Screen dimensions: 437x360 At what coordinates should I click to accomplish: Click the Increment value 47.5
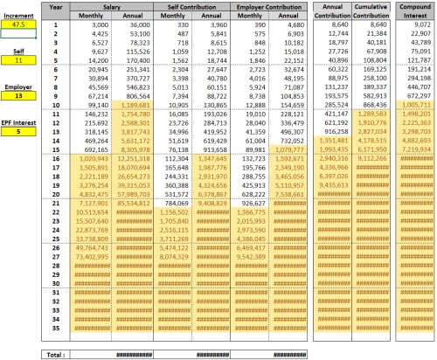(x=18, y=24)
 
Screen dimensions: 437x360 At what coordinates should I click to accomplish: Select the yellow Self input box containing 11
(x=18, y=59)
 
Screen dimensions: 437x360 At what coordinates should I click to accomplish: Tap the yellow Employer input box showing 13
(x=18, y=96)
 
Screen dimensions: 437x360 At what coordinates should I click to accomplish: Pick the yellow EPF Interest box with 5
(x=18, y=134)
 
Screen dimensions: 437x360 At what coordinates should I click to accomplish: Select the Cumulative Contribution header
(x=372, y=11)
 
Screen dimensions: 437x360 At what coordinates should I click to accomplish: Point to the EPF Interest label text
(x=18, y=123)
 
